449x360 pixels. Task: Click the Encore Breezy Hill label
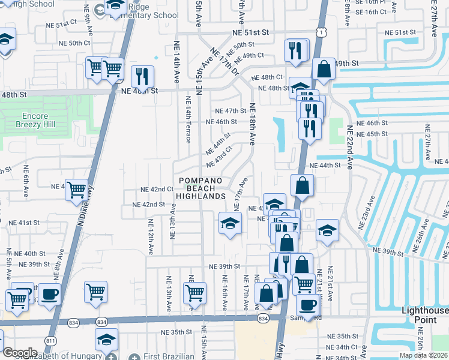click(40, 120)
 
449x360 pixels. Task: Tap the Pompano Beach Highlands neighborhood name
click(200, 188)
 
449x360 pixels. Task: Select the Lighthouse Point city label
click(424, 315)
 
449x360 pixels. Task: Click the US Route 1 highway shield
click(323, 31)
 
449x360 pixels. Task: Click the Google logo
click(20, 353)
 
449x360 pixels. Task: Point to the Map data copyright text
click(424, 355)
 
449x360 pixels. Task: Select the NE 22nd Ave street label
click(350, 148)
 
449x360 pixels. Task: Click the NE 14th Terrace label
click(188, 119)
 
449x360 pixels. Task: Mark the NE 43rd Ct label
click(218, 157)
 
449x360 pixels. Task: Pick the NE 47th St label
click(231, 111)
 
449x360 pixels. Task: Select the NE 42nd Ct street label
click(157, 189)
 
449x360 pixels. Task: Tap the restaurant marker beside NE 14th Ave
click(142, 76)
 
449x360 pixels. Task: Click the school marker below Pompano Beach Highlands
click(229, 224)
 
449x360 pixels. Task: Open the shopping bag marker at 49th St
click(324, 69)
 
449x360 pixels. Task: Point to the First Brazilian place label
click(169, 356)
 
